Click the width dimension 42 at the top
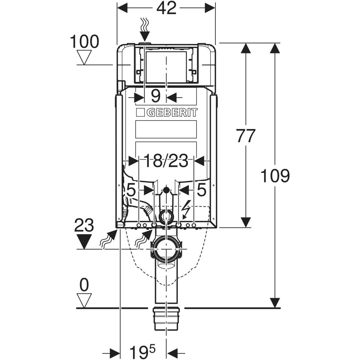point(166,8)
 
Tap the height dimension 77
point(245,136)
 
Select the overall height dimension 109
point(275,175)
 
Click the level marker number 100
point(85,42)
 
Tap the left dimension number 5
point(131,191)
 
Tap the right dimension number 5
point(201,191)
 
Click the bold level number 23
point(84,225)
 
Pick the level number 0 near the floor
point(84,285)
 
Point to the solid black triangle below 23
point(84,242)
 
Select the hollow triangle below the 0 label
point(84,300)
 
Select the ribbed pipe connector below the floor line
point(167,318)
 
